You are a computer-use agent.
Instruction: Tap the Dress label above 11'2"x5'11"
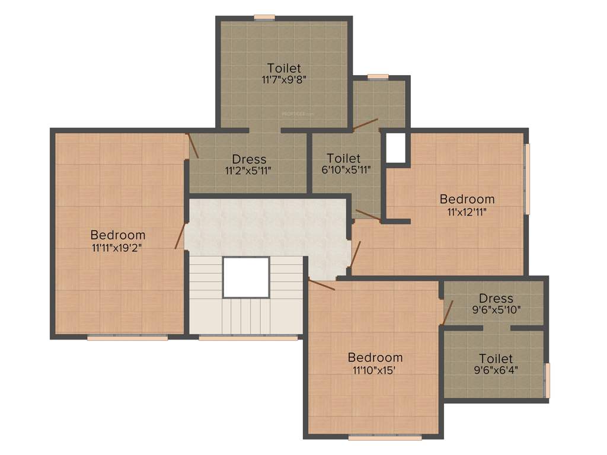[x=249, y=159]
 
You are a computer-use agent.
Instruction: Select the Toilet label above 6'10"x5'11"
[x=344, y=158]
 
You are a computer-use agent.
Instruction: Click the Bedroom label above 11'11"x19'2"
[x=118, y=235]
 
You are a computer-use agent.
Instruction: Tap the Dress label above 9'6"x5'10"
[x=496, y=299]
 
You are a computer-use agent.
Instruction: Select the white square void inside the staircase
[x=246, y=277]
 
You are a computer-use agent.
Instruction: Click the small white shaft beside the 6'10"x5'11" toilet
[x=396, y=148]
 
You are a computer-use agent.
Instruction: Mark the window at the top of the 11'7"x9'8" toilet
[x=264, y=17]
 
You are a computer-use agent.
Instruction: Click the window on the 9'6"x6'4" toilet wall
[x=547, y=380]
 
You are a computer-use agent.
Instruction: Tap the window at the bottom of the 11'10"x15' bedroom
[x=385, y=438]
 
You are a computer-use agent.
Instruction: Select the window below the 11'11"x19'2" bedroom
[x=127, y=338]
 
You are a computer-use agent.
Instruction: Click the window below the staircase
[x=248, y=338]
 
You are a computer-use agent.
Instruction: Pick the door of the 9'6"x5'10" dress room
[x=448, y=312]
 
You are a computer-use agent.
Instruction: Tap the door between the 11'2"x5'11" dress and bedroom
[x=193, y=146]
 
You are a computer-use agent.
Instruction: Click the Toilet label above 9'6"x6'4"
[x=496, y=358]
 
